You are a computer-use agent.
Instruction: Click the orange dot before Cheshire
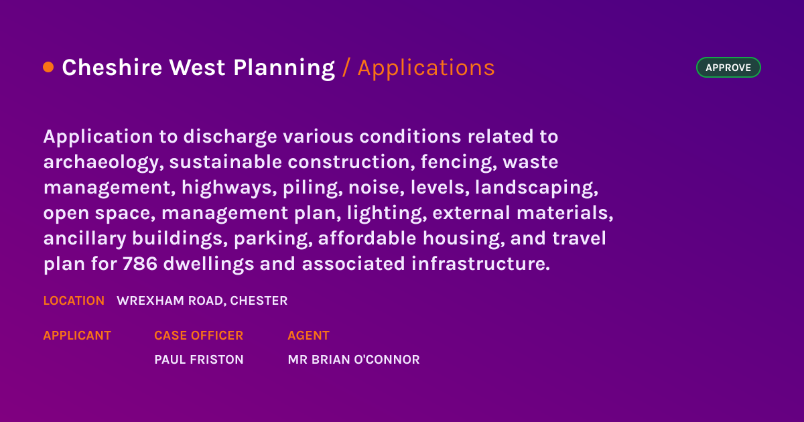[48, 67]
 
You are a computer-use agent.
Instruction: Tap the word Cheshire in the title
[112, 68]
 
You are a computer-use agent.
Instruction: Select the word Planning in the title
[284, 68]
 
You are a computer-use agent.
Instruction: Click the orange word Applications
[426, 68]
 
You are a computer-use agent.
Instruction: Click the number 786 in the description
[140, 264]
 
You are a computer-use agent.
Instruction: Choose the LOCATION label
[74, 301]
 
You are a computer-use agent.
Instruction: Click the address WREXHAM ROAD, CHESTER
[202, 301]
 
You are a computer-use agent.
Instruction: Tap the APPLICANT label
[77, 336]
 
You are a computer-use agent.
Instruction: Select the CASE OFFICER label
[198, 336]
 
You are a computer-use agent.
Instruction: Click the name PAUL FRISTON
[198, 360]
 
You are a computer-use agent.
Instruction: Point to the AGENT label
[308, 336]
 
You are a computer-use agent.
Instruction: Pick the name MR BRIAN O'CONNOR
[353, 360]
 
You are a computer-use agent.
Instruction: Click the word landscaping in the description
[536, 188]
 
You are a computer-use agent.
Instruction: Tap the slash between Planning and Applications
[346, 68]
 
